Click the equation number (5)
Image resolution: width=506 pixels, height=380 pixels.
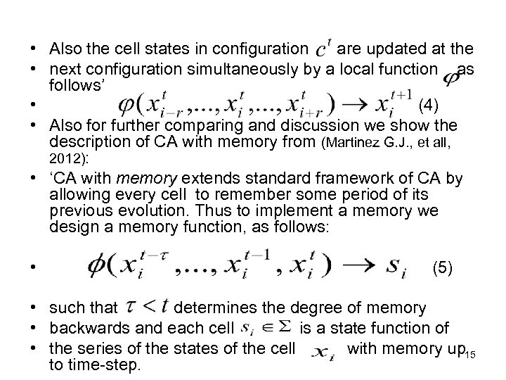pyautogui.click(x=443, y=267)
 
